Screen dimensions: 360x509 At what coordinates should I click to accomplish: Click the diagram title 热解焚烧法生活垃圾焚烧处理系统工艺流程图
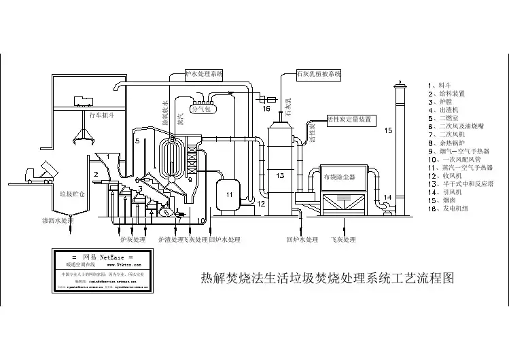coord(328,278)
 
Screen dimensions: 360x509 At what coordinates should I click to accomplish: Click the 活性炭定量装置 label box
coord(349,119)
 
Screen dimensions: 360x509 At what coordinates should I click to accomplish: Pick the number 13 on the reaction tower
coord(280,175)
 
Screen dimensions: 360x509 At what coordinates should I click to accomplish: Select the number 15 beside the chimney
coord(388,129)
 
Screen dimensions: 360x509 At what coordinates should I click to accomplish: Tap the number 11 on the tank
coord(229,195)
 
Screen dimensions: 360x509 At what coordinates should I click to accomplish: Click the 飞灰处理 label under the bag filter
coord(343,239)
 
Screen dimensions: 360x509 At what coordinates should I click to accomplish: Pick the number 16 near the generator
coord(266,109)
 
